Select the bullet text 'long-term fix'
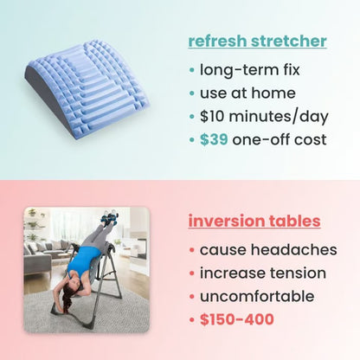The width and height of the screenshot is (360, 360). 248,70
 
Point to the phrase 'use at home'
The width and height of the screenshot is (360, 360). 247,93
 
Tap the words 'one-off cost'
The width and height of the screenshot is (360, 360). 279,138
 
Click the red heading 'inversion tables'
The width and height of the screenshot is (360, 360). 254,221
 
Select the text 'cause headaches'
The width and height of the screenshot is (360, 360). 267,250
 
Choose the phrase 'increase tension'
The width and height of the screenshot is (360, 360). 263,273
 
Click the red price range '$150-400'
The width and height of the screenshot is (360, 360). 237,319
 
